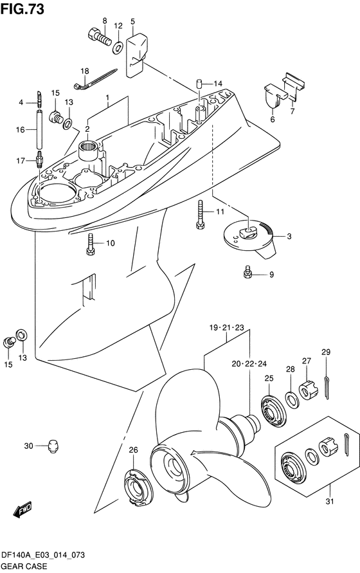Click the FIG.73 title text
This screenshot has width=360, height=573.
coord(22,9)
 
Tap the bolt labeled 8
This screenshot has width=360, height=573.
coord(100,37)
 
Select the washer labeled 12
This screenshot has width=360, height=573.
coord(118,48)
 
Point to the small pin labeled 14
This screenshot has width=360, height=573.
coord(199,83)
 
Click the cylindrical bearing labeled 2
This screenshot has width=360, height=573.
coord(89,150)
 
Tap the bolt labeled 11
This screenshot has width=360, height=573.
coord(200,214)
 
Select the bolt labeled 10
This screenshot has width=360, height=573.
coord(90,244)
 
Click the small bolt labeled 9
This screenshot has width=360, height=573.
coord(248,272)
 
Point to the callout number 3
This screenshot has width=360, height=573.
coord(289,237)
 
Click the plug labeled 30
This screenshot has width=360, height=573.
coord(53,446)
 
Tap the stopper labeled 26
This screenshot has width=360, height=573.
coord(134,486)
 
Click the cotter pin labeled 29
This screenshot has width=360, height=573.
coord(327,387)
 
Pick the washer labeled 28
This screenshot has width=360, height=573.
coord(292,400)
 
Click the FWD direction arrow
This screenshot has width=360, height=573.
coord(22,509)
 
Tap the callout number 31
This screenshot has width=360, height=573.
coord(330,502)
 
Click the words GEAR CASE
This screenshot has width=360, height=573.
coord(24,566)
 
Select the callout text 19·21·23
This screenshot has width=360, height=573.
coord(226,327)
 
